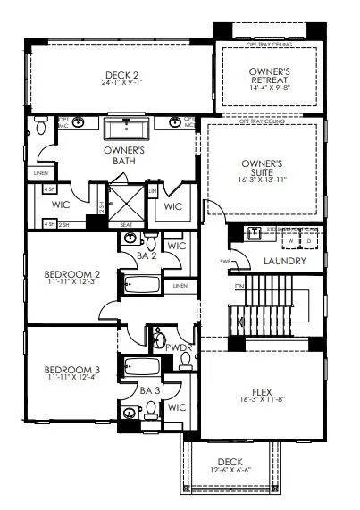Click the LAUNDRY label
285,262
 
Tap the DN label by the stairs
239,286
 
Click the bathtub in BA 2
142,286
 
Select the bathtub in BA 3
142,367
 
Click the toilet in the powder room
186,359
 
